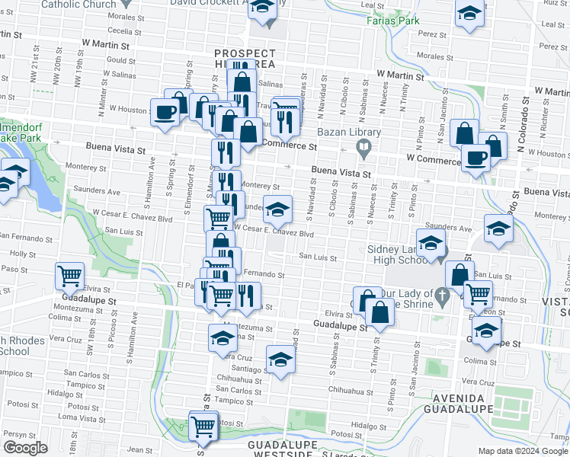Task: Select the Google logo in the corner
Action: [x=25, y=447]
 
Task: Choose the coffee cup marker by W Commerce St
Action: [x=476, y=158]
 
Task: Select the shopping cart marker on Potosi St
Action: [x=203, y=426]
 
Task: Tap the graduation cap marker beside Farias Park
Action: [x=469, y=13]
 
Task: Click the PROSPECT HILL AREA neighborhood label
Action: [x=244, y=59]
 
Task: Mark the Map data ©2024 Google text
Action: [x=523, y=451]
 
